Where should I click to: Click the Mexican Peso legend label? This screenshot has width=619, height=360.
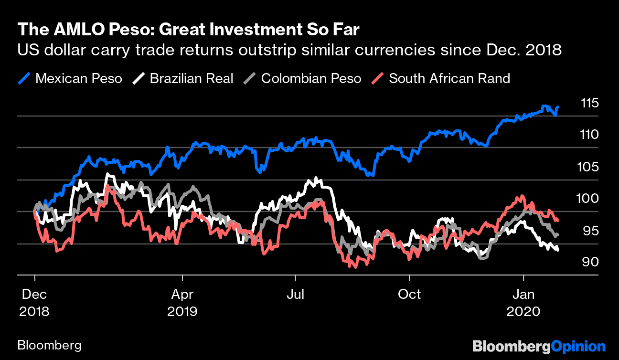(78, 78)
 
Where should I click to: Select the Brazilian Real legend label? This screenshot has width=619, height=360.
(192, 78)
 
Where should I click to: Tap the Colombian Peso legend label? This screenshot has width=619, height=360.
(311, 78)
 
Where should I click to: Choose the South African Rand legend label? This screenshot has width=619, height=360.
(449, 78)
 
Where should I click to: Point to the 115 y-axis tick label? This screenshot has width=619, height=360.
(590, 103)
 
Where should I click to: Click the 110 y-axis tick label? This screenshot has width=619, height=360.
(590, 135)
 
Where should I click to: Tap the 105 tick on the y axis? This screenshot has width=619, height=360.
(590, 167)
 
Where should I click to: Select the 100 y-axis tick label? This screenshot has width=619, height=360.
(590, 199)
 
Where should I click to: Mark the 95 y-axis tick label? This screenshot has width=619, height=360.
(590, 231)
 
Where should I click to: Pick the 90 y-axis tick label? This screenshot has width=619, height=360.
(590, 262)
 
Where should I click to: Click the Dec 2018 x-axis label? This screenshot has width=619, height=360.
(34, 302)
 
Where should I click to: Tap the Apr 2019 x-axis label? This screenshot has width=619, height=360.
(182, 302)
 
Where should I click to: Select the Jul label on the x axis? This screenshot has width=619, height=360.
(296, 294)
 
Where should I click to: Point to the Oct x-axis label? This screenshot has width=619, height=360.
(409, 294)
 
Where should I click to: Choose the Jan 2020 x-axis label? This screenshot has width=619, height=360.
(523, 302)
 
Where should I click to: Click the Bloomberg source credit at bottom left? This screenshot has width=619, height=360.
(49, 345)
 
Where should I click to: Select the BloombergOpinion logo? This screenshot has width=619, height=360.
(538, 346)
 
